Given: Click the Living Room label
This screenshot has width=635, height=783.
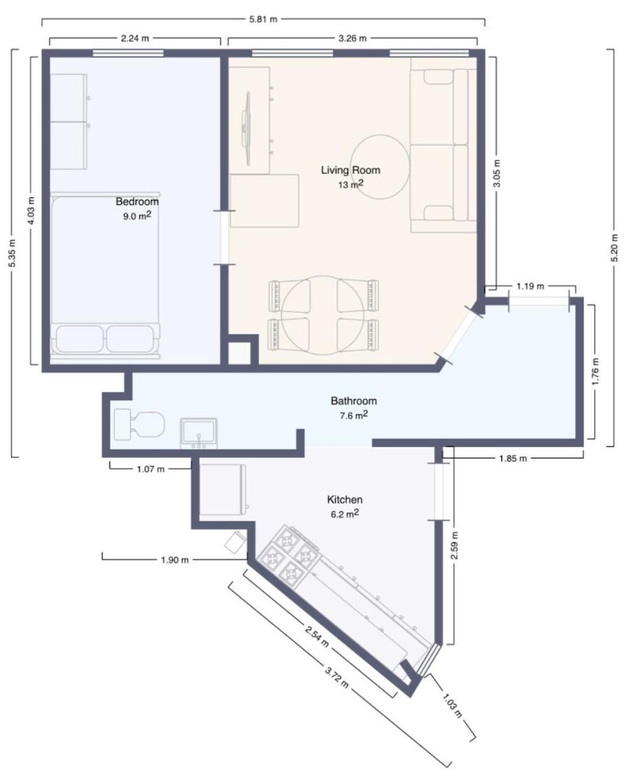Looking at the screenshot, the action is [x=351, y=170].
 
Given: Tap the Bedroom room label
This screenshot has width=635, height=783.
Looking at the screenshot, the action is [x=137, y=201].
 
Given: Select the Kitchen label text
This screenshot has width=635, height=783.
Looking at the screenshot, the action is [x=345, y=500].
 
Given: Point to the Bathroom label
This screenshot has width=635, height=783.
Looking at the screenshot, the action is [x=354, y=400].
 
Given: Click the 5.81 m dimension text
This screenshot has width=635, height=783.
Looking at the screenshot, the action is [x=263, y=19].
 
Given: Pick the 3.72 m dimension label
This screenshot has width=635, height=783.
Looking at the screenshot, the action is [x=337, y=677].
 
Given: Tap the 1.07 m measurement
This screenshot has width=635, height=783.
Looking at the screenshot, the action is [x=151, y=469].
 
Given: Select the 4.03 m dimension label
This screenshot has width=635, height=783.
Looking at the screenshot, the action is [x=31, y=211].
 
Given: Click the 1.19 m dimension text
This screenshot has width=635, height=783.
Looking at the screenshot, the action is [x=530, y=286].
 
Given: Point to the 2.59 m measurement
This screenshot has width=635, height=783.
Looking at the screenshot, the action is [x=454, y=545].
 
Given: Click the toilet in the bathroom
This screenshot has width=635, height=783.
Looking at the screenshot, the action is [x=139, y=424].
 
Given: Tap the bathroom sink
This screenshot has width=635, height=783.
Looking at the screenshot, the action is [x=199, y=433].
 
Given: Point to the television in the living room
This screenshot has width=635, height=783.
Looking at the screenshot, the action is [x=247, y=128].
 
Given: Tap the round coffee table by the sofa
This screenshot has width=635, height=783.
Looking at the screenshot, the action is [x=380, y=167].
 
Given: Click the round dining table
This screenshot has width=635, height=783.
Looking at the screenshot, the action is [x=323, y=315].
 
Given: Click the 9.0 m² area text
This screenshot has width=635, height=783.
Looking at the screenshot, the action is [x=137, y=215].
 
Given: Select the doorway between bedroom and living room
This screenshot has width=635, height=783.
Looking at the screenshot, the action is [x=224, y=237].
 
